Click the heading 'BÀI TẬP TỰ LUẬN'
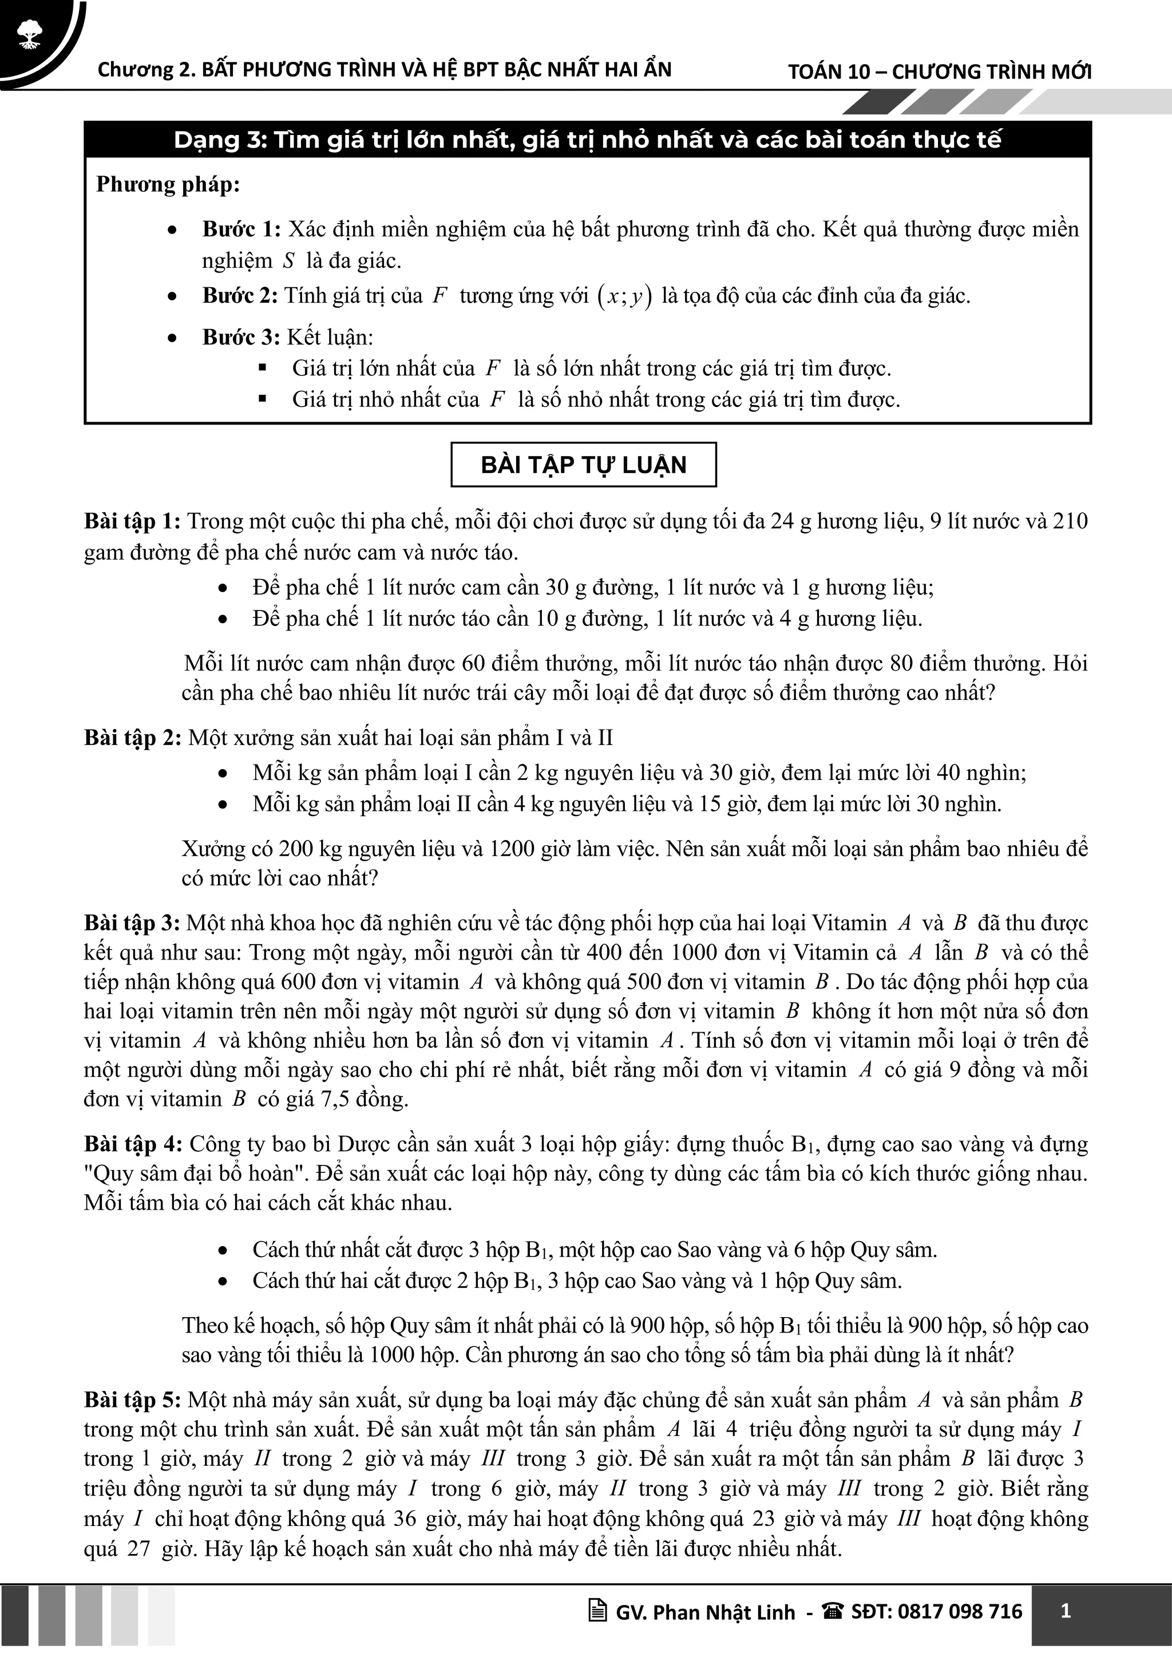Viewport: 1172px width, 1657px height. [x=583, y=465]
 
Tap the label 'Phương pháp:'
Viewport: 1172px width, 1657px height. [x=168, y=185]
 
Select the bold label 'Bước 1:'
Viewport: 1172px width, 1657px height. [x=241, y=229]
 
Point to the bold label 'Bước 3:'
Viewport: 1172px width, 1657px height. [x=241, y=338]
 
